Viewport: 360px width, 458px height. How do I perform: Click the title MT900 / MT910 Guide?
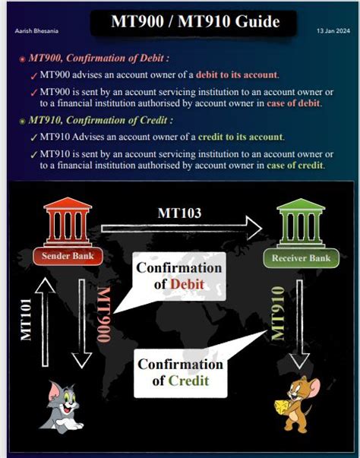tap(194, 21)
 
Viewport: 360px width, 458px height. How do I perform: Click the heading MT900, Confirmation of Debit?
tap(98, 58)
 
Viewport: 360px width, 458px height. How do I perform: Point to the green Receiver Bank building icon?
tap(301, 223)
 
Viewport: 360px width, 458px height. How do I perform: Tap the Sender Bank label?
tap(68, 256)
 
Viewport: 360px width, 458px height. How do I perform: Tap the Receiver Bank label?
tap(302, 259)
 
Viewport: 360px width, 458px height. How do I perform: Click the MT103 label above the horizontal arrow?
tap(179, 213)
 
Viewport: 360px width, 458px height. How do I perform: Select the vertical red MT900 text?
tap(104, 316)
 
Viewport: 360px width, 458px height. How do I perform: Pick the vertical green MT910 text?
tap(278, 313)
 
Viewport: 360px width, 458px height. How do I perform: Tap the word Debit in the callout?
tap(186, 283)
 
